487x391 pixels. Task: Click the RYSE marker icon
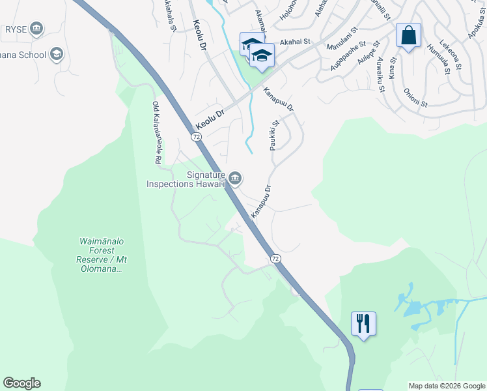click(x=36, y=28)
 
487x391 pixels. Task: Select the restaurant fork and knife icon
click(x=363, y=323)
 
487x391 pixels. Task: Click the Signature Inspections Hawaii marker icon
click(x=235, y=178)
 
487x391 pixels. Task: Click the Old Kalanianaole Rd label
click(x=157, y=132)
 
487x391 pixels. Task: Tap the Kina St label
click(x=392, y=68)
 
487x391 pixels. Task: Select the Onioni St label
click(x=415, y=98)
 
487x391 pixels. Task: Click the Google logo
click(x=21, y=383)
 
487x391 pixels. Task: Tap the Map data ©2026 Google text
click(x=446, y=386)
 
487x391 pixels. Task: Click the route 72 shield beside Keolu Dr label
click(x=196, y=137)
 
